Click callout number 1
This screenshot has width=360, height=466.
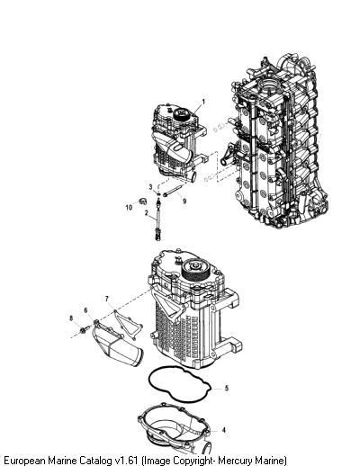click(203, 102)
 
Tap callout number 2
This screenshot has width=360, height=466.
click(147, 213)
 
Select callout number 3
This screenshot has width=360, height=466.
click(150, 187)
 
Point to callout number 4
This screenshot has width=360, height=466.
click(224, 430)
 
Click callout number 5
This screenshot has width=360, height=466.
click(227, 388)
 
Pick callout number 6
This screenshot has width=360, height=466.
click(85, 310)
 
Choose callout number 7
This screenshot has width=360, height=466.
click(107, 299)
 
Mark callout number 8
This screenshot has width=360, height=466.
click(71, 318)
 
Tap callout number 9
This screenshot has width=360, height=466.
click(184, 201)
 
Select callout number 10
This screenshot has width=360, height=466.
click(129, 207)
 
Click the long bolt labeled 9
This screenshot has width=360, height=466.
click(173, 191)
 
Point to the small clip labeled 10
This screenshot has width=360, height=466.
click(143, 201)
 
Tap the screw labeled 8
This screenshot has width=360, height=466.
click(85, 329)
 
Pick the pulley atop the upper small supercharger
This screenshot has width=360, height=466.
click(181, 114)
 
